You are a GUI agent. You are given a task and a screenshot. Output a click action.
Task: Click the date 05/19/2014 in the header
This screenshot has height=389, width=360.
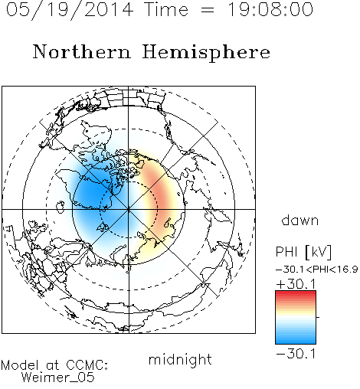click(70, 10)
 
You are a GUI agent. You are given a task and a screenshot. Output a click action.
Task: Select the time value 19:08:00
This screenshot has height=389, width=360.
click(270, 9)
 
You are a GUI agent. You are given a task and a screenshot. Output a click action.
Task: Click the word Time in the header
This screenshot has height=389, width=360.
click(166, 9)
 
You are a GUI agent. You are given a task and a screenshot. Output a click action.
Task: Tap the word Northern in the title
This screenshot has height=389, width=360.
click(82, 52)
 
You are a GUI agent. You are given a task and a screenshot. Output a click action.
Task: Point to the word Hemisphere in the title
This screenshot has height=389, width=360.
click(206, 53)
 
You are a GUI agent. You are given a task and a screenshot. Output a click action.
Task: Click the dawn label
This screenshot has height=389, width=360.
click(300, 220)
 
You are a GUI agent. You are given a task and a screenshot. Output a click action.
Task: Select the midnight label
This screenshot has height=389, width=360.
click(180, 360)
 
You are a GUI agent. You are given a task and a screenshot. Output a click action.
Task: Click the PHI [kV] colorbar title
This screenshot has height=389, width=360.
click(303, 252)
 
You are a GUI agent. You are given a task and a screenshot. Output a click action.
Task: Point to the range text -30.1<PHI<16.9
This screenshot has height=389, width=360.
click(317, 270)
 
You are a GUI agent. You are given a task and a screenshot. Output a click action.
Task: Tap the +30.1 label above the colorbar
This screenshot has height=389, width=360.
click(296, 284)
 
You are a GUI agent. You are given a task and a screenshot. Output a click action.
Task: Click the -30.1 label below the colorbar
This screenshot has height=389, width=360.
click(296, 354)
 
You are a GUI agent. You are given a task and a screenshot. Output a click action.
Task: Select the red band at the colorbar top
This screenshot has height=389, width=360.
click(296, 294)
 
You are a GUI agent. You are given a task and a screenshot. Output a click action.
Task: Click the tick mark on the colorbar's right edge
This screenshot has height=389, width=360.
click(318, 317)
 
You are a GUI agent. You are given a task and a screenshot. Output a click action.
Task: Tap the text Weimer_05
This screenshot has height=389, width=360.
click(58, 378)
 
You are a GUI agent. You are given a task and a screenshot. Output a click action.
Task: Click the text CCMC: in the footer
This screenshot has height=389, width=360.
click(87, 365)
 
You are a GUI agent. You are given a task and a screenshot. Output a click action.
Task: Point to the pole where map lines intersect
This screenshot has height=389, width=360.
click(129, 209)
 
